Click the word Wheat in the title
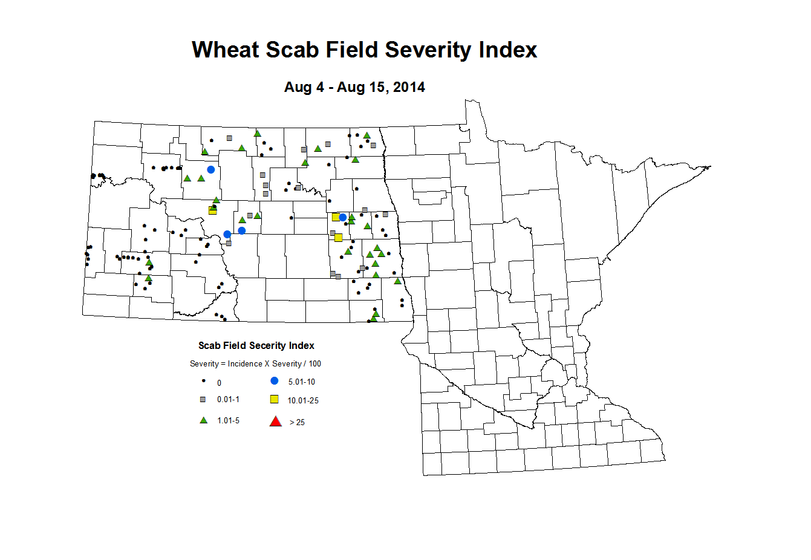tap(225, 50)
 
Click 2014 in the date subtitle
tap(409, 87)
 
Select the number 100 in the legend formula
tap(314, 364)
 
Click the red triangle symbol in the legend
tap(275, 422)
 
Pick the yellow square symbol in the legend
tap(275, 399)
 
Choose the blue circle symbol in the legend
tap(275, 381)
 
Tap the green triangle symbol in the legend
tap(204, 420)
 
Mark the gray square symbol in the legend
tap(203, 399)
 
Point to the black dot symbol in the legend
tap(204, 381)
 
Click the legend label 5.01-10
tap(301, 382)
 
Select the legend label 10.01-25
tap(303, 401)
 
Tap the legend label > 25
tap(297, 423)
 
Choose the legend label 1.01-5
tap(228, 421)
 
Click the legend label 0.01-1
tap(228, 400)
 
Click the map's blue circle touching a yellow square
tap(343, 217)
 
